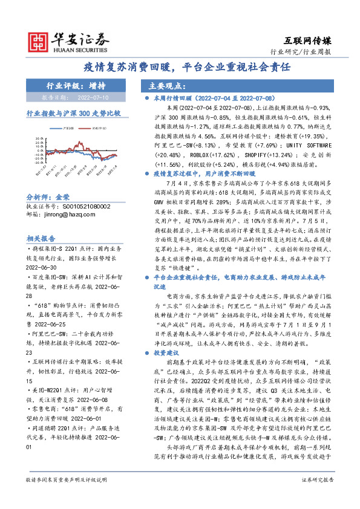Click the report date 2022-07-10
pos(91,96)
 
